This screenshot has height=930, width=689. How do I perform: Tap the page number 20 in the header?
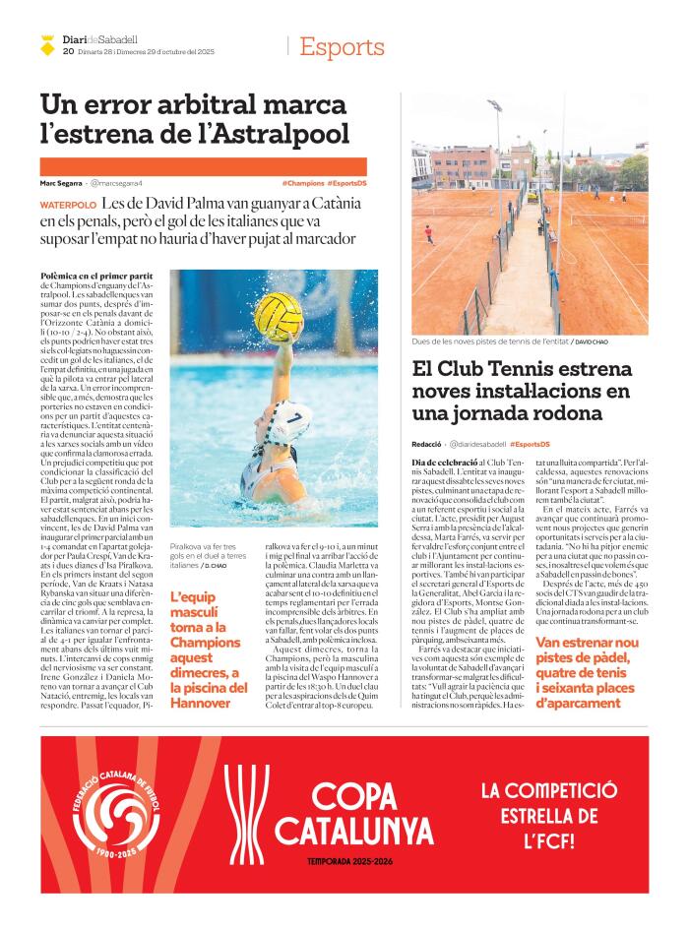tap(68, 51)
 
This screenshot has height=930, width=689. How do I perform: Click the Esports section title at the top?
tap(342, 46)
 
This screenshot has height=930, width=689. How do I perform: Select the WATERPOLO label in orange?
tap(67, 204)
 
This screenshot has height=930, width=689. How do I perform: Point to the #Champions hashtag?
tap(302, 183)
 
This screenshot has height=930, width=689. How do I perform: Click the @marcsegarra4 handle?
tap(117, 183)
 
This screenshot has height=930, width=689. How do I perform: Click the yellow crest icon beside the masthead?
tap(46, 43)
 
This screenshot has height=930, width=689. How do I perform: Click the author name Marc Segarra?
tap(60, 183)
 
